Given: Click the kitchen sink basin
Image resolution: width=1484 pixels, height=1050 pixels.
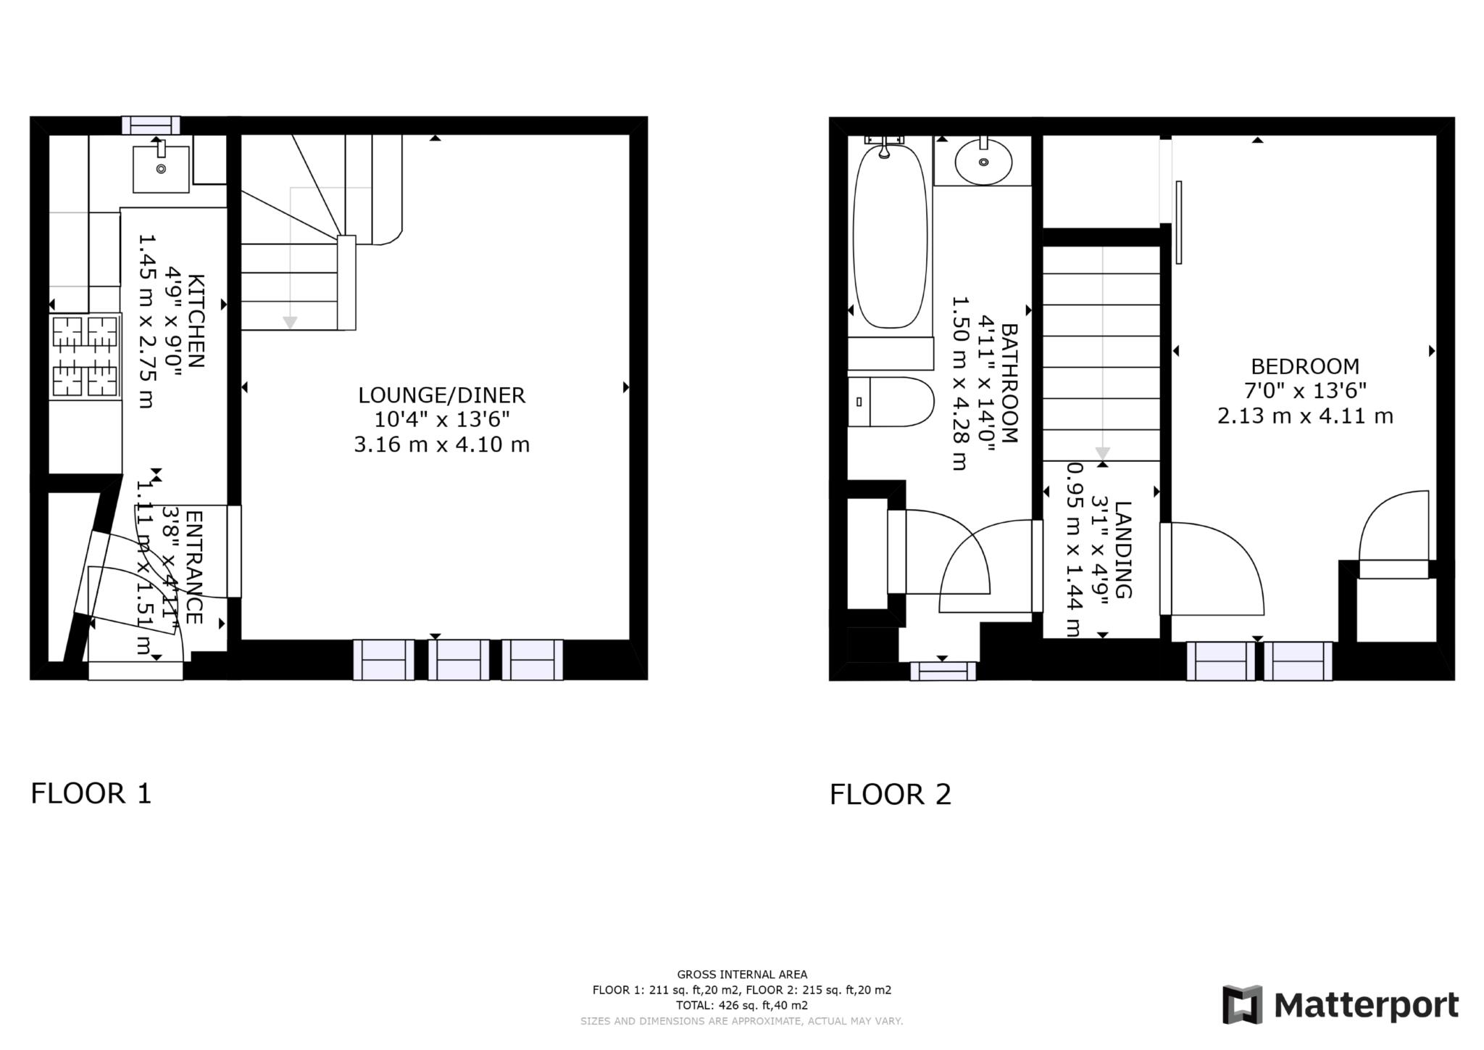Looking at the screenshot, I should (x=161, y=169).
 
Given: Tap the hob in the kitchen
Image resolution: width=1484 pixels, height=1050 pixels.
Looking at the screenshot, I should (x=85, y=356).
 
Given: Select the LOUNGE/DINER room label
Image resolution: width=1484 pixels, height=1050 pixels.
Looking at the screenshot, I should (x=441, y=395).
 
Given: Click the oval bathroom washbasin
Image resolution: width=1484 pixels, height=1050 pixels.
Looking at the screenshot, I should (x=983, y=162).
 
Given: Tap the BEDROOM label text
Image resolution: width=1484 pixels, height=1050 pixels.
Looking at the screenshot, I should (x=1304, y=366).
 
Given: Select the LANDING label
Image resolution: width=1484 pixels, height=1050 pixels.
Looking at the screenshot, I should (x=1122, y=550).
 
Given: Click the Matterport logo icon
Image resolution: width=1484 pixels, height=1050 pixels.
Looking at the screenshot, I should (x=1242, y=1004).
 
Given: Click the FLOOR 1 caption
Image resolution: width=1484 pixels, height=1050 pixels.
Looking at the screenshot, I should (x=91, y=793).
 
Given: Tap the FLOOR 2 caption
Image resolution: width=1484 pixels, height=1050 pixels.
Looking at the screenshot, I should (x=890, y=795).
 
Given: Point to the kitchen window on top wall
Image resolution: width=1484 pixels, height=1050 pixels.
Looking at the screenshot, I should (x=151, y=125).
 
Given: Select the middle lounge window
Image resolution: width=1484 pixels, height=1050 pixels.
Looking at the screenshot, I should (x=459, y=659).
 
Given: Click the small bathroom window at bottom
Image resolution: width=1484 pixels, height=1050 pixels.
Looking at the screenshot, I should (x=943, y=671).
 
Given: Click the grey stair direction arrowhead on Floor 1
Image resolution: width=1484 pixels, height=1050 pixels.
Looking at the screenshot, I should (x=290, y=323).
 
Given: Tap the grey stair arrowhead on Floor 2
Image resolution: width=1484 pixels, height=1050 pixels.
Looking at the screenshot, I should (x=1102, y=453).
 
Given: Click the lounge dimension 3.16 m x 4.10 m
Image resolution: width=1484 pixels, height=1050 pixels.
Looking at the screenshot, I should (x=441, y=444).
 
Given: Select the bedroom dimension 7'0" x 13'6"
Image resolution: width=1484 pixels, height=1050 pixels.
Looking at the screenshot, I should (x=1304, y=391).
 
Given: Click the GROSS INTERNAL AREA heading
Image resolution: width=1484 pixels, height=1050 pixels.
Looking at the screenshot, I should (x=741, y=975).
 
